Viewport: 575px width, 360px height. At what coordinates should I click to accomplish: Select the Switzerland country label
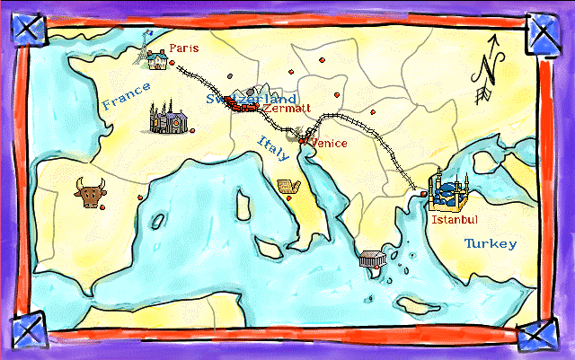(252, 98)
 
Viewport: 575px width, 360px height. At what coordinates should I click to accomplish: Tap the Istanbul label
(454, 219)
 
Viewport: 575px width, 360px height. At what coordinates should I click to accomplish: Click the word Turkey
(490, 243)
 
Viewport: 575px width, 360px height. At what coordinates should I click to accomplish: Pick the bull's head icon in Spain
(89, 192)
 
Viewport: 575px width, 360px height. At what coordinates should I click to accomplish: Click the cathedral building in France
(168, 119)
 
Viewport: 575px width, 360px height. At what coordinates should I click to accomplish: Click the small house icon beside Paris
(158, 59)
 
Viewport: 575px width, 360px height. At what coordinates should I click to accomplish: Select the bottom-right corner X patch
(539, 334)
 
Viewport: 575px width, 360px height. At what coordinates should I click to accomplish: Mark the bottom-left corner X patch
(29, 329)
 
